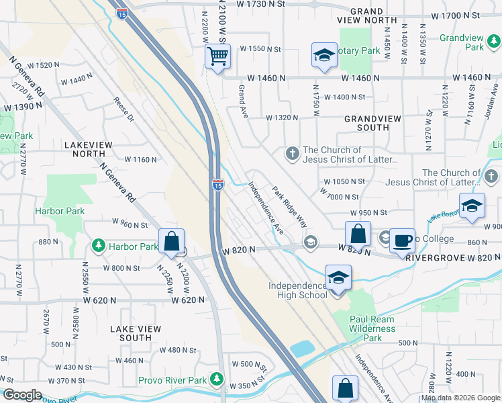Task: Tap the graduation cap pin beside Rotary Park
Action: (x=324, y=56)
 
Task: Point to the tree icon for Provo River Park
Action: (x=217, y=380)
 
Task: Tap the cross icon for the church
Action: (x=292, y=154)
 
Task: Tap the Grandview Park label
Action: (x=474, y=43)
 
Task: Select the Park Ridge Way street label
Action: (x=289, y=206)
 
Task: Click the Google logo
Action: (x=22, y=395)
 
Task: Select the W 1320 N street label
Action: (x=282, y=118)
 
